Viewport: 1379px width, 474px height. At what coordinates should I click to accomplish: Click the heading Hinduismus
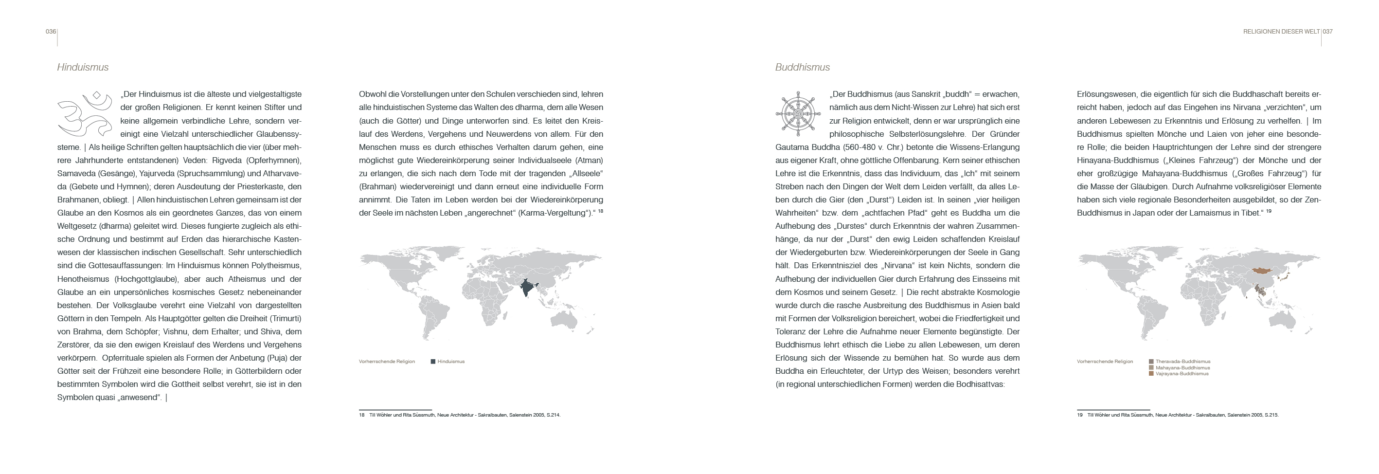(83, 68)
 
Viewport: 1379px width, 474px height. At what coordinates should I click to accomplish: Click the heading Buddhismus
(803, 68)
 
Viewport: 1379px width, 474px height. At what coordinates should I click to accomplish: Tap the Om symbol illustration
(85, 114)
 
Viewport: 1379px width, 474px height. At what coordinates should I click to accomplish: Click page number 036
(50, 32)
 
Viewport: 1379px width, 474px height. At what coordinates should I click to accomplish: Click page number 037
(1327, 32)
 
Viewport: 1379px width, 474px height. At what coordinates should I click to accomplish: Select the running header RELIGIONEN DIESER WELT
(1281, 32)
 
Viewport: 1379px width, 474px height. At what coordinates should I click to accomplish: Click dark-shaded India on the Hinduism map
(527, 288)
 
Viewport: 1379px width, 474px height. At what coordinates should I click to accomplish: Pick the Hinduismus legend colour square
(433, 362)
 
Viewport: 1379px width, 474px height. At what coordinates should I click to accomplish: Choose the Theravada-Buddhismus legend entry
(1182, 362)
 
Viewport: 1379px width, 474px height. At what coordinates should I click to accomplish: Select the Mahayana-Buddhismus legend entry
(1182, 368)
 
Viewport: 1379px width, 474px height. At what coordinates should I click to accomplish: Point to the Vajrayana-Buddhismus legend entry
(1182, 374)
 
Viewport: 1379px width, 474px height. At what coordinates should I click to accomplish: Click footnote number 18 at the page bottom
(362, 415)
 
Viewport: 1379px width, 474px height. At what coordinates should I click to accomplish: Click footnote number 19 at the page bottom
(1080, 415)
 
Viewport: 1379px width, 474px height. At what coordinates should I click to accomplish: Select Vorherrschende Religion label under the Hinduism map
(387, 362)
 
